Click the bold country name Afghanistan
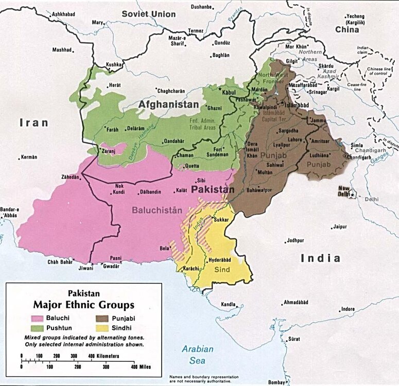coord(168,104)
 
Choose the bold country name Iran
coord(33,122)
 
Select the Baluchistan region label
coord(157,210)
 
